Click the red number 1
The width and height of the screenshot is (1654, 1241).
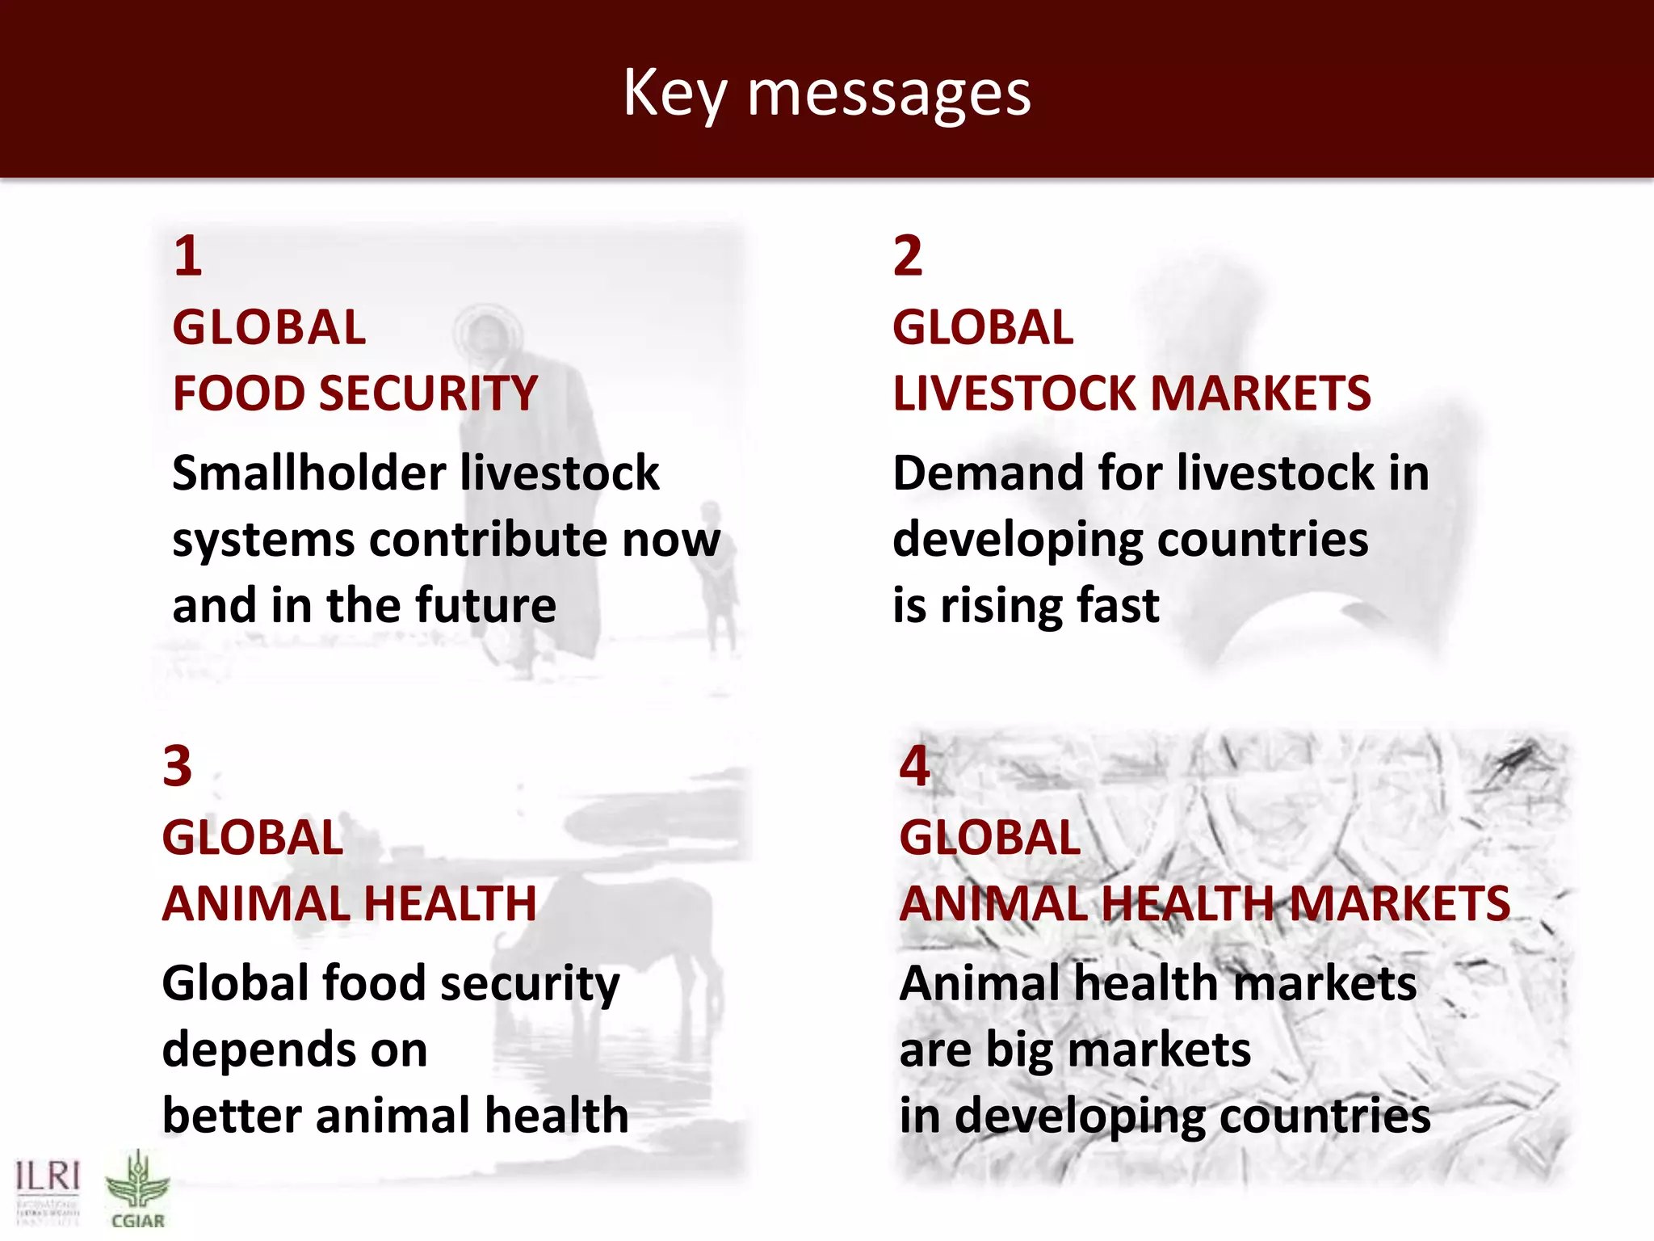(187, 256)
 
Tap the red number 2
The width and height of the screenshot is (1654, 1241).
(908, 256)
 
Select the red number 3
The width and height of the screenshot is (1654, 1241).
(177, 766)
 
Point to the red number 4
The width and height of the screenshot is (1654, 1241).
(914, 766)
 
